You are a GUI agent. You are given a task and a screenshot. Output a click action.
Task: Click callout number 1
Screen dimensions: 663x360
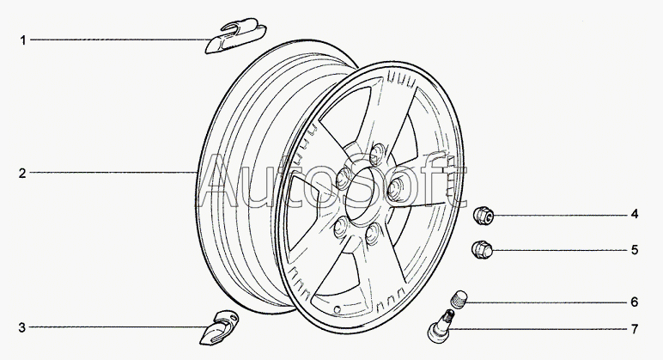tap(24, 40)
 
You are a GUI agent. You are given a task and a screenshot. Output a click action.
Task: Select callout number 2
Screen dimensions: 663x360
tap(24, 174)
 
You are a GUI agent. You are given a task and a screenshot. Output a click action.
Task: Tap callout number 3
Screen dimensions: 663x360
tap(24, 327)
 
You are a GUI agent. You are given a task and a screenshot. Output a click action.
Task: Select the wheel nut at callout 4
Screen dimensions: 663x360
tap(484, 213)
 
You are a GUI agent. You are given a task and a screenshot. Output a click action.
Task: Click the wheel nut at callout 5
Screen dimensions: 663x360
tap(483, 249)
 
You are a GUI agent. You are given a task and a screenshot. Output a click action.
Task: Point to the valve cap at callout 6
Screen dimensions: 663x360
tap(459, 301)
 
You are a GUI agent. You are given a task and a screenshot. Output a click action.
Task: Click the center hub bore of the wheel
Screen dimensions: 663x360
tap(364, 193)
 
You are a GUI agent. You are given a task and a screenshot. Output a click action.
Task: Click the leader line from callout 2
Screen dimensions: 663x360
tap(112, 174)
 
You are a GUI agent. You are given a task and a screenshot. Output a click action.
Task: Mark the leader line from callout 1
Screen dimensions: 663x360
tap(120, 40)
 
